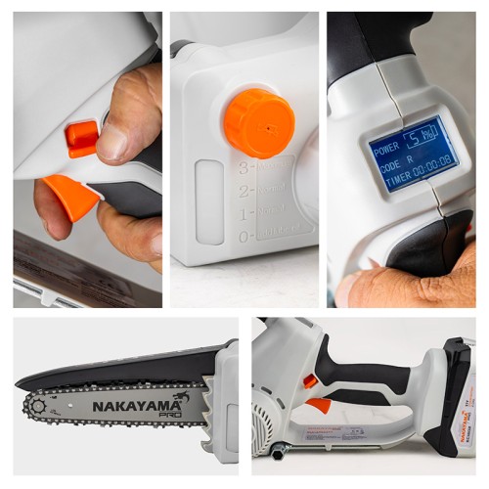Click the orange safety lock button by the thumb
pos(82,137)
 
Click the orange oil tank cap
pos(259,123)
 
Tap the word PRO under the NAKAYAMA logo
pos(169,415)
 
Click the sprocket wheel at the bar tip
pos(38,404)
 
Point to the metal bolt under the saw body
pos(278,450)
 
